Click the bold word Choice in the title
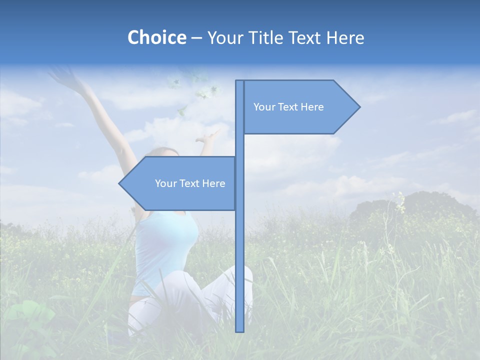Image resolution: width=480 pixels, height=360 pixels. point(156,37)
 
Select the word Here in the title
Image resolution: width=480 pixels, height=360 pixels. point(345,37)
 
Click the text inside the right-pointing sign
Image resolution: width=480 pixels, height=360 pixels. point(288,107)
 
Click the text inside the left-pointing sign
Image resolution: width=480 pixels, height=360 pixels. point(190,183)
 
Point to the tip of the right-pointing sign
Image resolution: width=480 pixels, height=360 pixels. point(359,106)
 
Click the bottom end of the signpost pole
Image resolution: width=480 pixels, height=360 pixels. point(239,330)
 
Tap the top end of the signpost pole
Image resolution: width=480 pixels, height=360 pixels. point(239,81)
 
